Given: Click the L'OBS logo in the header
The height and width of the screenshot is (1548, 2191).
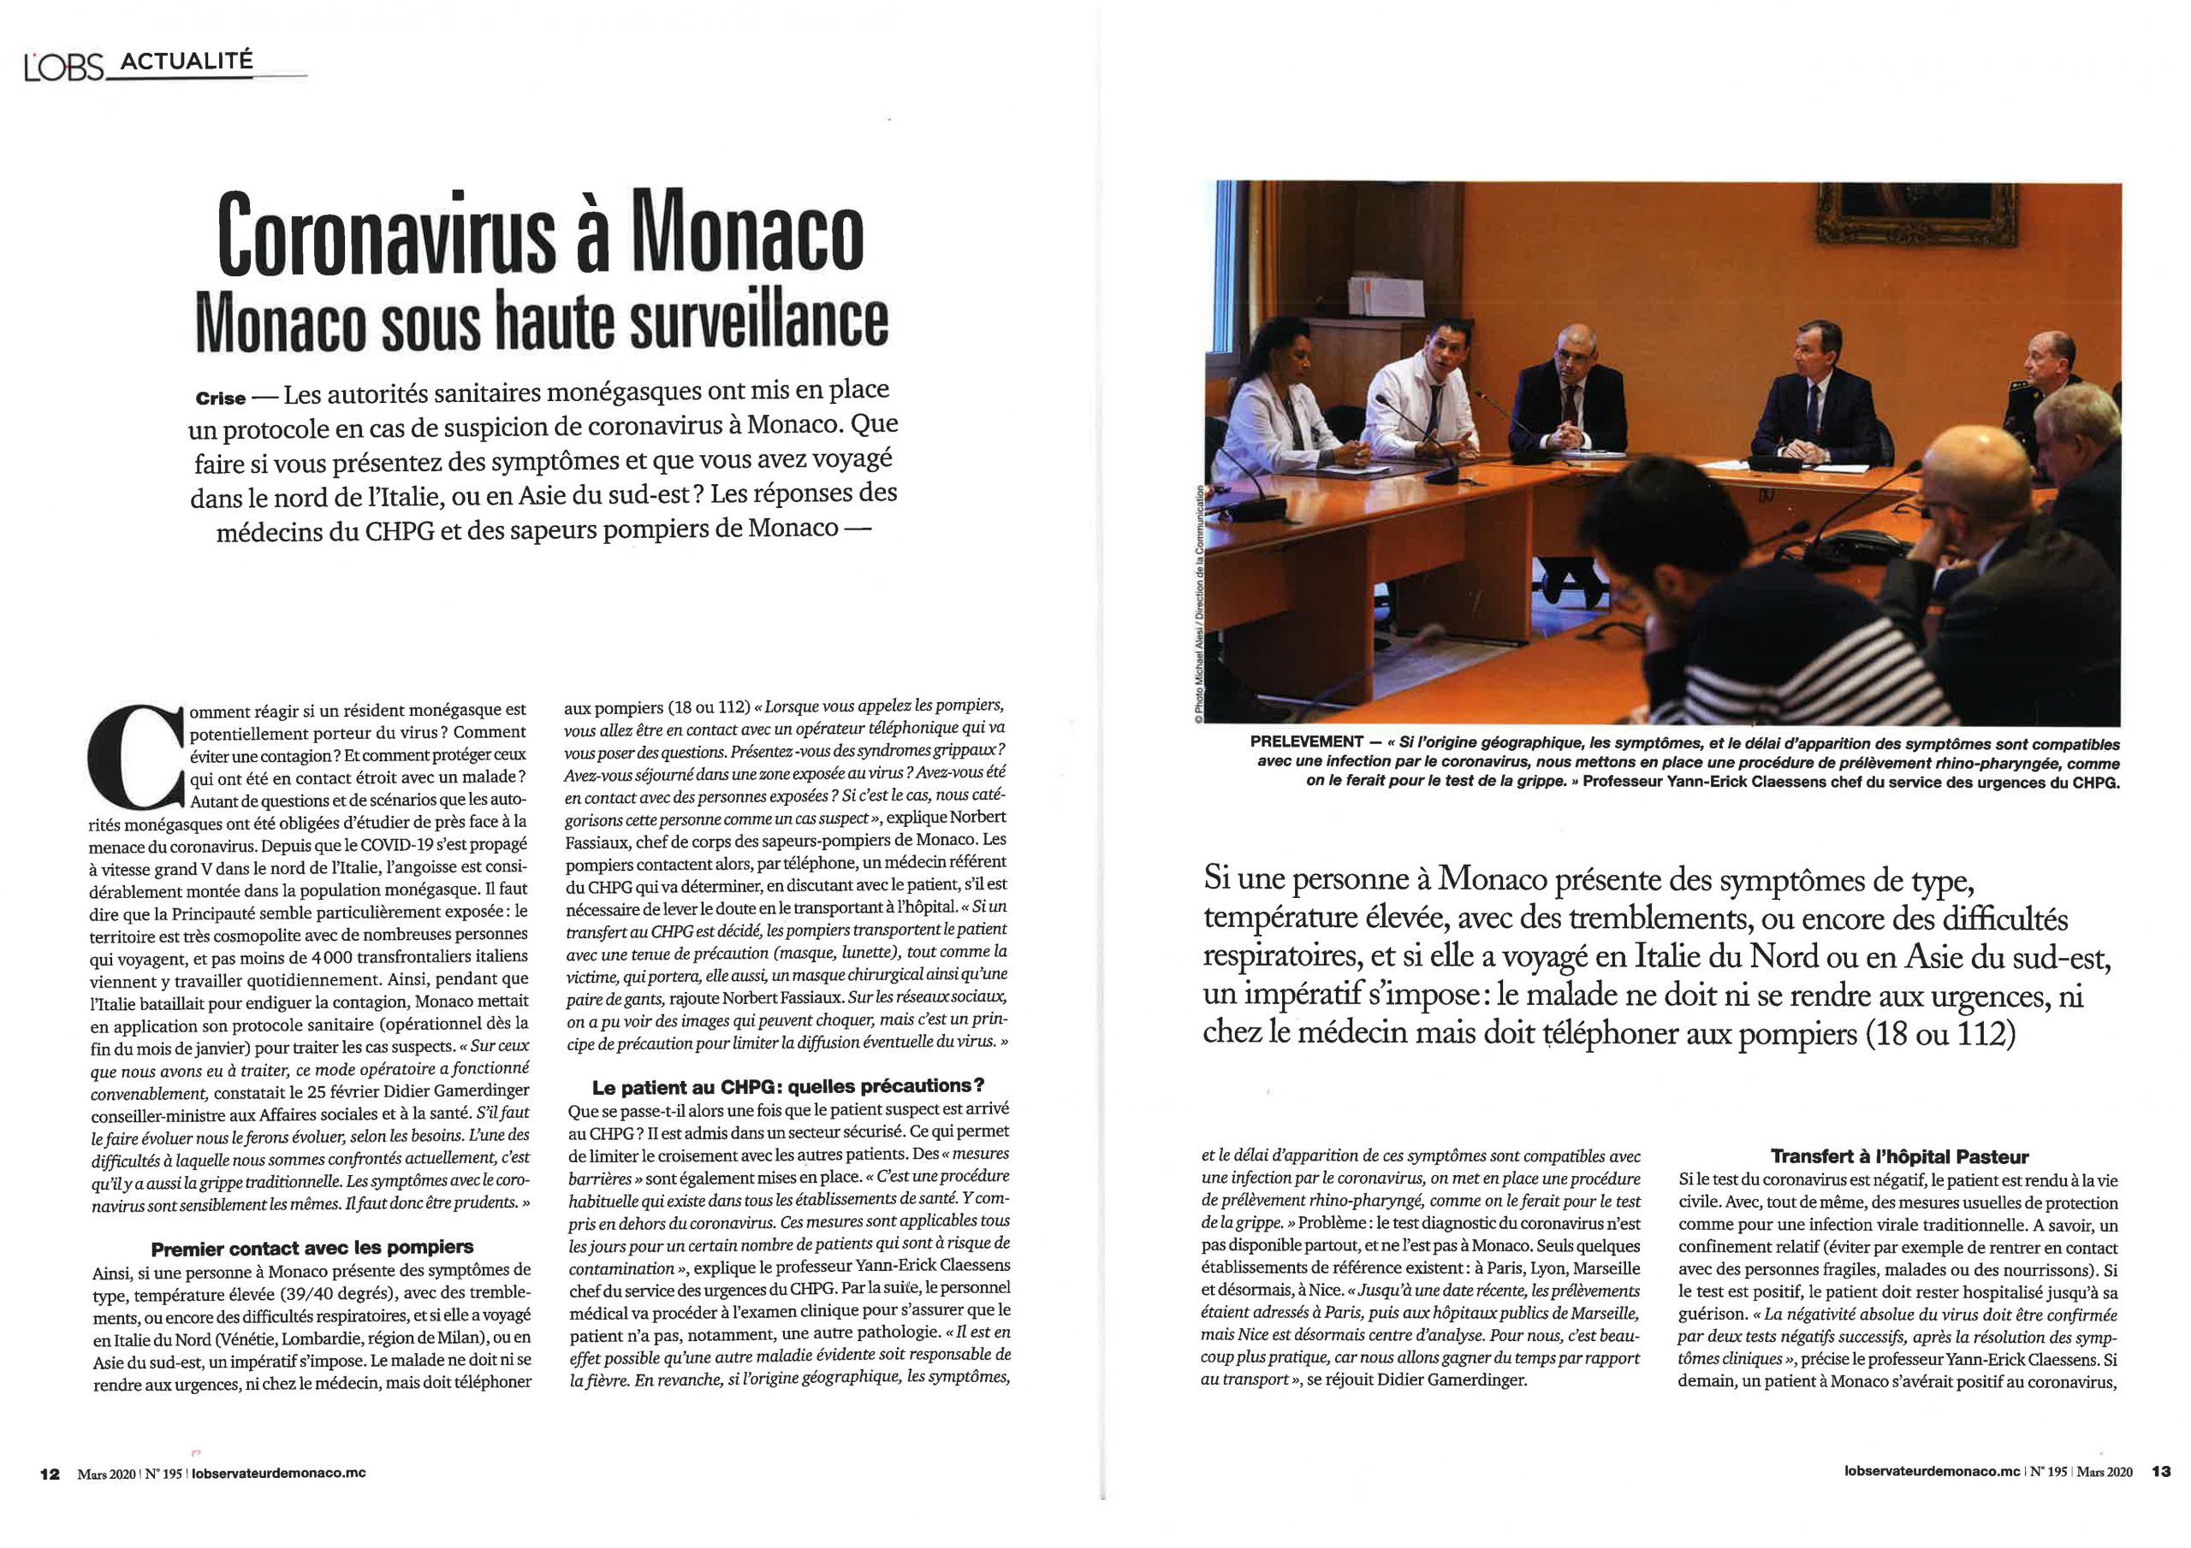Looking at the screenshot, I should tap(63, 68).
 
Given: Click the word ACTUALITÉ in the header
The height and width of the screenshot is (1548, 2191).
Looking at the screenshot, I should tap(187, 61).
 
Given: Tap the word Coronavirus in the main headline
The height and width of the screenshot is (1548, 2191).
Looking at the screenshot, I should tap(387, 235).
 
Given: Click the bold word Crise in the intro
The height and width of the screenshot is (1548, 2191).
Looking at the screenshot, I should tap(221, 399).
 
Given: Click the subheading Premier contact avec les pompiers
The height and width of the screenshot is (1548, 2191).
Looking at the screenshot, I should tap(312, 1248).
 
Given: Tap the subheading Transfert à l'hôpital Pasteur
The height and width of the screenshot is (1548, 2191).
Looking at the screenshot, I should tap(1899, 1157).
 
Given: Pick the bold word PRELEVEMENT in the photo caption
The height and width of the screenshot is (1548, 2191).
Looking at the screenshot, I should tap(1306, 742).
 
